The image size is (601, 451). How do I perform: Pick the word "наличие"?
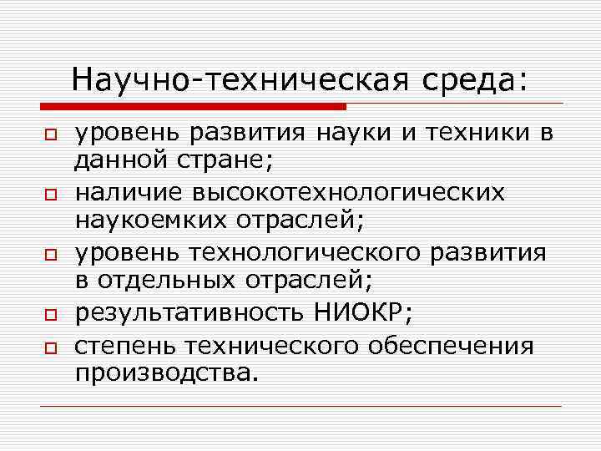pyautogui.click(x=128, y=194)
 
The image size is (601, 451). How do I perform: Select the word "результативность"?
pyautogui.click(x=194, y=312)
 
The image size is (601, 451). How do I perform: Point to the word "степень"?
pyautogui.click(x=126, y=346)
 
